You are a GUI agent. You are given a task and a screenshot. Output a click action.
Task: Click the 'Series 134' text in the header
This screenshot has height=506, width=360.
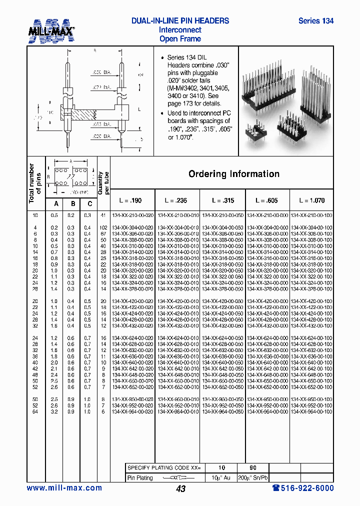[315, 21]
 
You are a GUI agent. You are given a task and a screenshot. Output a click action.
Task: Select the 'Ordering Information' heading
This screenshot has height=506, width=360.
[233, 174]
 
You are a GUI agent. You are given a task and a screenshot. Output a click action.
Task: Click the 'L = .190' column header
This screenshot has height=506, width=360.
[130, 200]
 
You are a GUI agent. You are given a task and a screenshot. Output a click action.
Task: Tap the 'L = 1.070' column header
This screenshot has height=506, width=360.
[312, 200]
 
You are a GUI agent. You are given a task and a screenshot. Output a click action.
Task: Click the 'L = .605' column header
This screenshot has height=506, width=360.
[267, 200]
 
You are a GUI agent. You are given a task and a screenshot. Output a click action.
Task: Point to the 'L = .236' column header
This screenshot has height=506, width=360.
[176, 200]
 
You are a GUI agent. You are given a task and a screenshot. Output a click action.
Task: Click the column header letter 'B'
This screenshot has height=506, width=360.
[73, 203]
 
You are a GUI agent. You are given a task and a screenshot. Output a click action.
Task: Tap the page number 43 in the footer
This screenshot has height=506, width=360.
[180, 488]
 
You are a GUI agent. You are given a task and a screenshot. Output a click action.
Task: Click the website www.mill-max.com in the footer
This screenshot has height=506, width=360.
[64, 488]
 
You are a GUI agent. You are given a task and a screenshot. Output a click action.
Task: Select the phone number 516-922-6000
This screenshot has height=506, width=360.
[303, 488]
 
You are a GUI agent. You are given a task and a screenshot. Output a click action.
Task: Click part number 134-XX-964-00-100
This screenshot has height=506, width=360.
[311, 411]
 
